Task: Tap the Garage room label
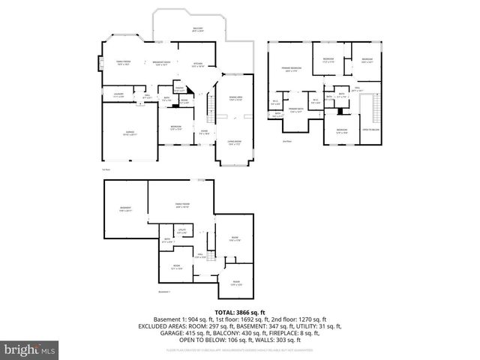pyautogui.click(x=129, y=134)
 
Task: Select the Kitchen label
pyautogui.click(x=198, y=65)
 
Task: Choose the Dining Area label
pyautogui.click(x=234, y=97)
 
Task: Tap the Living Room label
pyautogui.click(x=234, y=142)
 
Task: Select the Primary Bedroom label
pyautogui.click(x=291, y=69)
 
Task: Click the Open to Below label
pyautogui.click(x=370, y=129)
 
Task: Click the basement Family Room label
pyautogui.click(x=181, y=205)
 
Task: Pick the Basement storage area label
pyautogui.click(x=125, y=209)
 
